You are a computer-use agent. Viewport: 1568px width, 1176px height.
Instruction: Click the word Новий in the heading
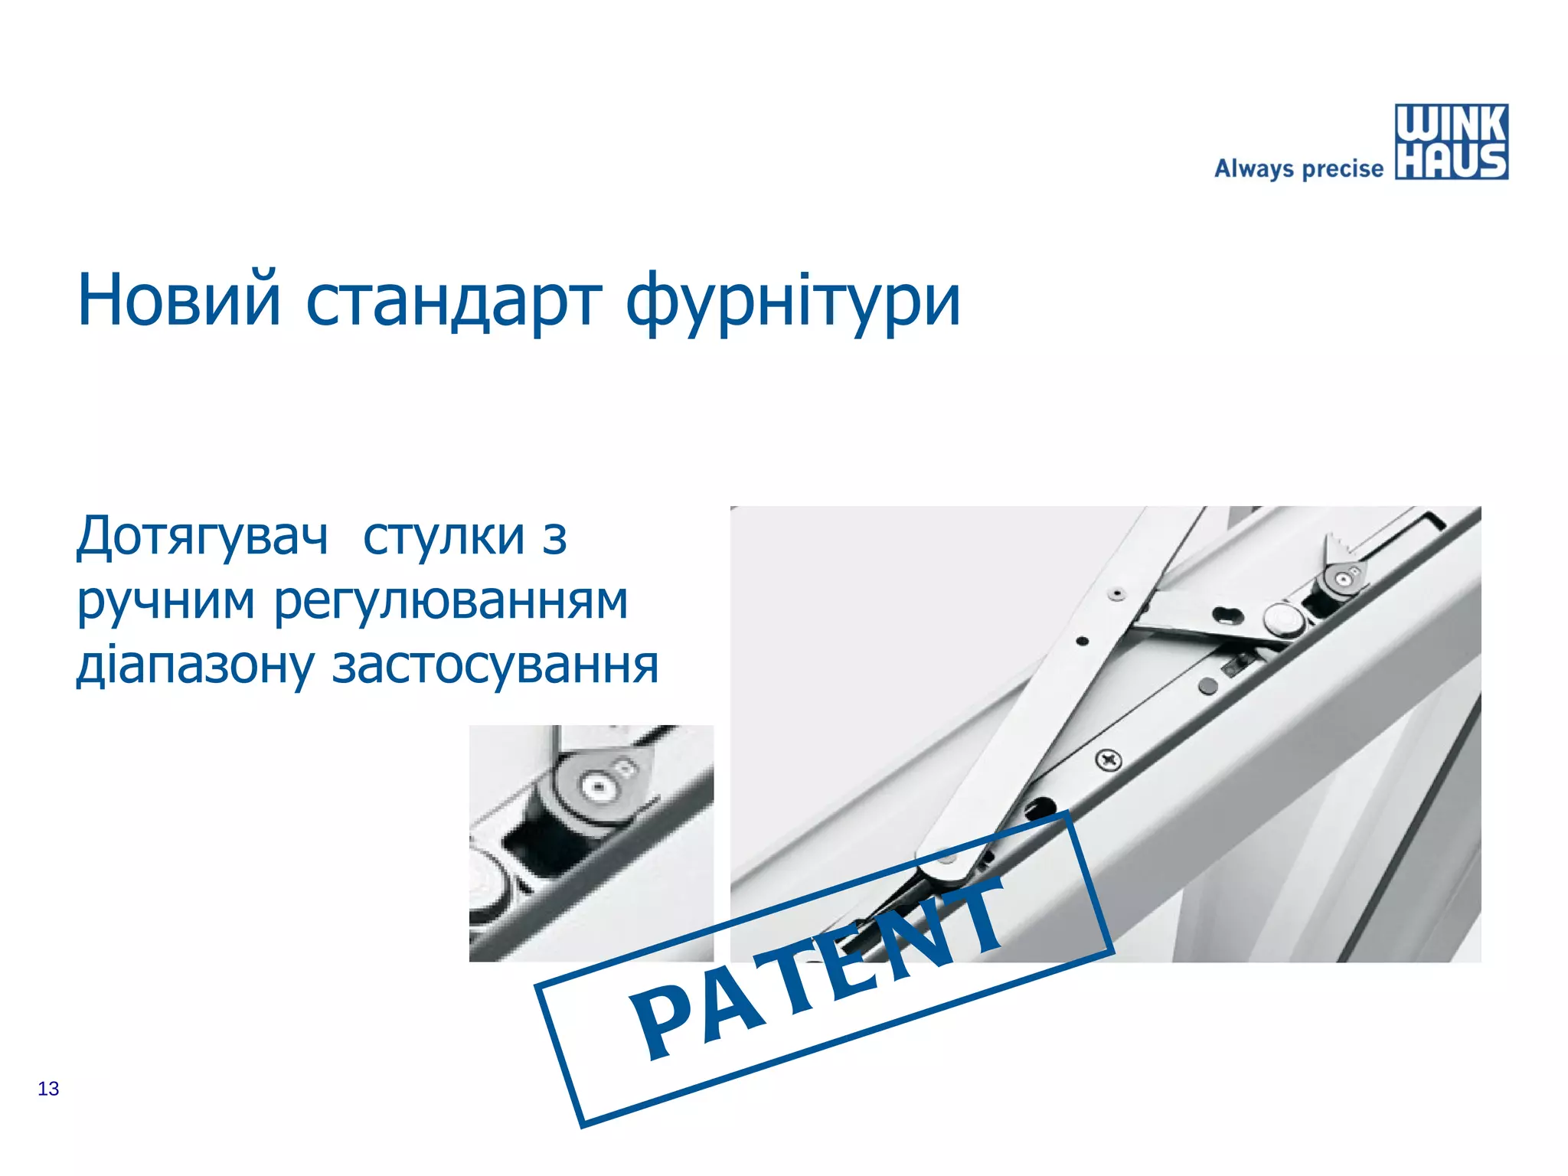coord(179,300)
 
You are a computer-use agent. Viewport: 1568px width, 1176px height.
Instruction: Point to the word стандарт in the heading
coord(453,300)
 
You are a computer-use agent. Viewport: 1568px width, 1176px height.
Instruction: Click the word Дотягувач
coord(202,537)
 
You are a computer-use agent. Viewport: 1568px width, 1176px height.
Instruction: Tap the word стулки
coord(444,537)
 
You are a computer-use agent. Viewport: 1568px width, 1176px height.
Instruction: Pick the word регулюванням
coord(452,603)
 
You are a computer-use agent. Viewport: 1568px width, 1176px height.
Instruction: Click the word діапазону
coord(195,666)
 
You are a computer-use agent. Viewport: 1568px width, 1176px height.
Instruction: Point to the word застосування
coord(495,666)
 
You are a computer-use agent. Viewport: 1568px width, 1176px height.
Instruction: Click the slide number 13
coord(48,1089)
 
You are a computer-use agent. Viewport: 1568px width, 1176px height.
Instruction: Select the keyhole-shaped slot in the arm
coord(1223,613)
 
